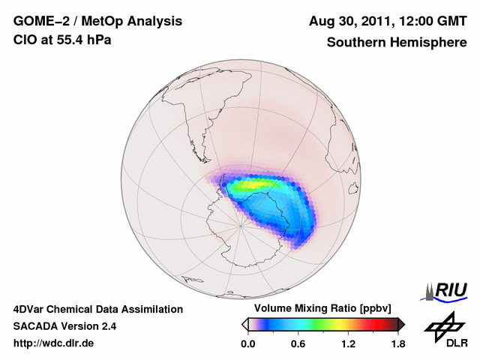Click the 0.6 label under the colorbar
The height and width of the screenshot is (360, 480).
click(x=298, y=344)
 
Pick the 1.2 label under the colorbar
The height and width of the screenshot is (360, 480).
click(x=348, y=344)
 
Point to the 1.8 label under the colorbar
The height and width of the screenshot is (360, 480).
click(x=398, y=344)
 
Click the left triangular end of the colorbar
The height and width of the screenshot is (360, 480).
click(x=244, y=324)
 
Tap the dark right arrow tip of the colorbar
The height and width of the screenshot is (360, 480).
click(x=401, y=324)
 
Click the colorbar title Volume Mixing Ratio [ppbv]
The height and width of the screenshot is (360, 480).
click(x=319, y=308)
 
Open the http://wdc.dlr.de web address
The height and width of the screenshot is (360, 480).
click(x=54, y=343)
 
